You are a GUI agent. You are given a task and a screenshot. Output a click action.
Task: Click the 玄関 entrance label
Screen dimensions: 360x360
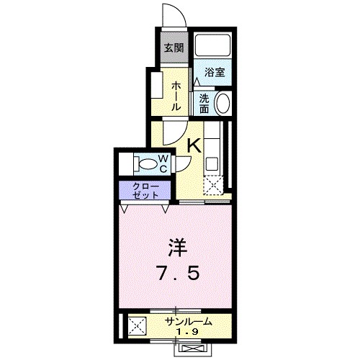(172, 48)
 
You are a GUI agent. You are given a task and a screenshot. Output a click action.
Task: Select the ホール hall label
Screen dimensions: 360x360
(175, 94)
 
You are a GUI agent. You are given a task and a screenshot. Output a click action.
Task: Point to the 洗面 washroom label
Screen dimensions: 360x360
(205, 102)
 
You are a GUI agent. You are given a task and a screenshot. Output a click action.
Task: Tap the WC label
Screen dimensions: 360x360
(163, 163)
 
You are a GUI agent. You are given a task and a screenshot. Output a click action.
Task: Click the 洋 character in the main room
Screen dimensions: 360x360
(177, 248)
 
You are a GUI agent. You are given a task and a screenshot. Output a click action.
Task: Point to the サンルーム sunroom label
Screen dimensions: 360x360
(189, 322)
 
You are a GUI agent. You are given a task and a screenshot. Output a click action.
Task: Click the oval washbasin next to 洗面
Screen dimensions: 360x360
(222, 103)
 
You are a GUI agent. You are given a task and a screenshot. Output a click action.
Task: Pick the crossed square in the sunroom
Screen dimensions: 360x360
(136, 327)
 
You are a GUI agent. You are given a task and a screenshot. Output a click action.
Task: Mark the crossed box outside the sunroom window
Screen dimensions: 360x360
(192, 350)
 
